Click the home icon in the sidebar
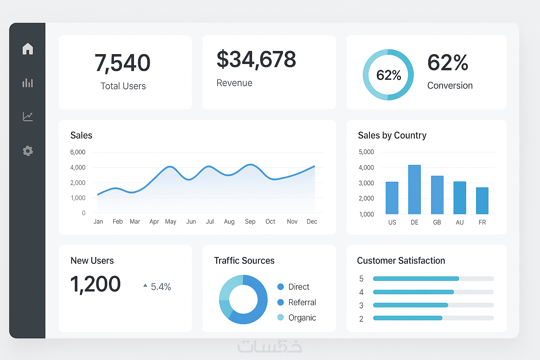[28, 49]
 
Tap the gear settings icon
[28, 151]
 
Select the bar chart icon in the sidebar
[28, 83]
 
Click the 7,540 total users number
[122, 63]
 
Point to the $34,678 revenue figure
[256, 59]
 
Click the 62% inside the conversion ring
[388, 75]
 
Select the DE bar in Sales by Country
[414, 189]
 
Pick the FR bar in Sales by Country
[482, 201]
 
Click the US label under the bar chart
[392, 222]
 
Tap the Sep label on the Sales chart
[250, 221]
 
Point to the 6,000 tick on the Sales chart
[78, 152]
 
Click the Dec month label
[312, 221]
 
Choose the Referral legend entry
[302, 302]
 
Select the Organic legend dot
[281, 317]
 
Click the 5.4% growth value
[161, 287]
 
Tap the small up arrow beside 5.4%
[145, 285]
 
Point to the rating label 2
[361, 319]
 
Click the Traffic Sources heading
[244, 261]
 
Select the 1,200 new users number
[96, 284]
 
